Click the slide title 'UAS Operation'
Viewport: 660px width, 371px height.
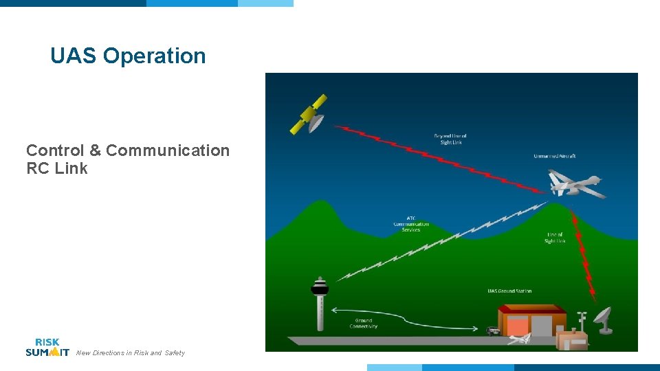click(x=128, y=56)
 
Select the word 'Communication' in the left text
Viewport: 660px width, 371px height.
click(x=168, y=150)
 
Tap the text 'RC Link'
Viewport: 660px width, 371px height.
click(x=57, y=168)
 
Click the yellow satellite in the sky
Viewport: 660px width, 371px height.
click(x=309, y=115)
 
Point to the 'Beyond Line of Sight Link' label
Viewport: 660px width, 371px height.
click(x=450, y=139)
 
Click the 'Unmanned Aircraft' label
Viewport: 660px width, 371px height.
click(x=554, y=156)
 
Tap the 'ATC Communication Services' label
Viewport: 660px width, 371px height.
click(x=411, y=224)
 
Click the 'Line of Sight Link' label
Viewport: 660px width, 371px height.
click(x=555, y=238)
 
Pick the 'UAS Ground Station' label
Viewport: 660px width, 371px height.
click(x=509, y=291)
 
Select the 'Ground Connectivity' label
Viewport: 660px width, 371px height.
click(x=363, y=323)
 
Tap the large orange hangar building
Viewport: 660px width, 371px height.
click(x=532, y=320)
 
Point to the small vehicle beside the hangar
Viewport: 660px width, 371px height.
click(x=493, y=330)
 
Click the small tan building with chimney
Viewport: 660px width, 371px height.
click(x=572, y=339)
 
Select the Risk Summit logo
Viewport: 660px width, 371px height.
click(x=47, y=347)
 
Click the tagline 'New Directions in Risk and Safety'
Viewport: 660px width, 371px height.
click(x=130, y=353)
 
